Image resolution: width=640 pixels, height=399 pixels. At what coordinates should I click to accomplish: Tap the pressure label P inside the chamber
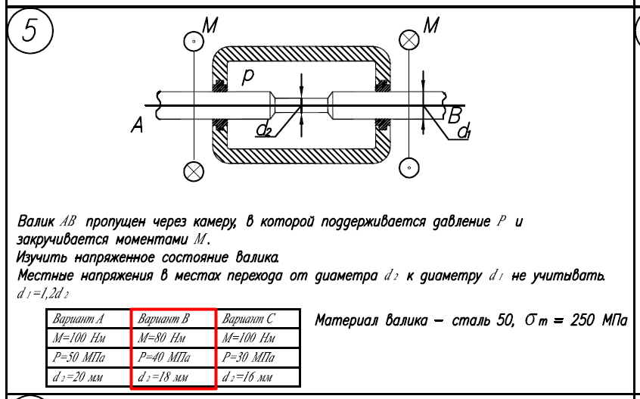coord(248,78)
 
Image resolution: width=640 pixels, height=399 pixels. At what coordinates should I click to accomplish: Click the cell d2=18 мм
coord(173,375)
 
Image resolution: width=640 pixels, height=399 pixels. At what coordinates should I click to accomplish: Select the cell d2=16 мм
coord(258,375)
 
